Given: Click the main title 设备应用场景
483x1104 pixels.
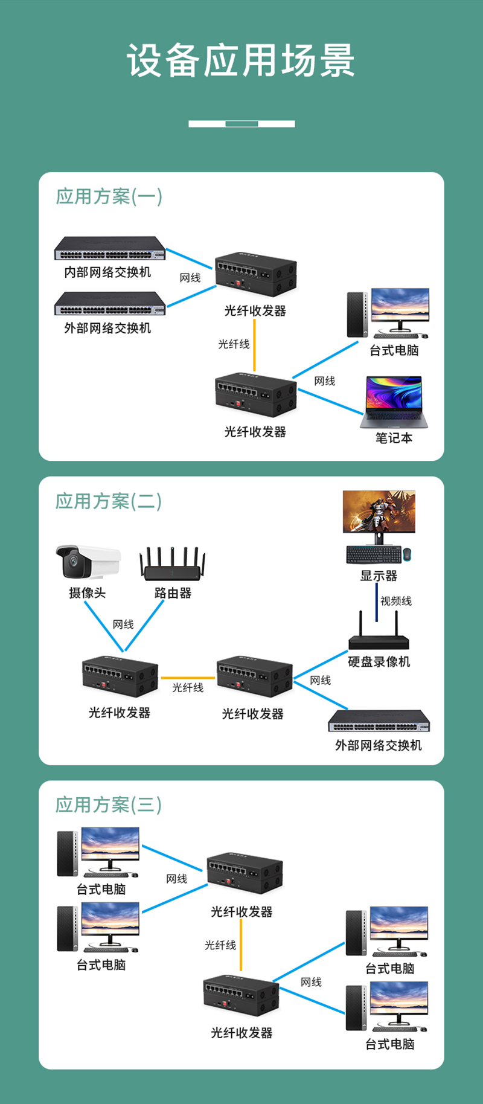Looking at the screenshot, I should click(240, 60).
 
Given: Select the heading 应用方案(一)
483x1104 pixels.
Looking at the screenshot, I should click(109, 196).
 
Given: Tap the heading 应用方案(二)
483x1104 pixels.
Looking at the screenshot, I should click(109, 501).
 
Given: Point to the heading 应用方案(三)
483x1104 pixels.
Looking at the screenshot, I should click(109, 805).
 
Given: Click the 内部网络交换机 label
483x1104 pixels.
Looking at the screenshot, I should click(107, 272).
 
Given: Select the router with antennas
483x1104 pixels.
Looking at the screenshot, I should click(173, 565).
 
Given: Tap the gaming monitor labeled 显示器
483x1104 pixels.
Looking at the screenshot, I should click(379, 512).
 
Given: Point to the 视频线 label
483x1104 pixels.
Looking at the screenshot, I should click(396, 601).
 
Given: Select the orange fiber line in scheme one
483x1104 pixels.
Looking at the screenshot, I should click(254, 345).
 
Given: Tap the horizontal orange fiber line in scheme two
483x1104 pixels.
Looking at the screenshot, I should click(188, 678).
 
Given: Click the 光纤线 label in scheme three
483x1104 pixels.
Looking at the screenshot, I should click(220, 945).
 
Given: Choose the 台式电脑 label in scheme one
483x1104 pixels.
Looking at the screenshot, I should click(394, 350).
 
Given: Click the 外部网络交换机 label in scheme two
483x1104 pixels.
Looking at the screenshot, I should click(379, 745).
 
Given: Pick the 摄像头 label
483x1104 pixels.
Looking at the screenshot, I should click(87, 593).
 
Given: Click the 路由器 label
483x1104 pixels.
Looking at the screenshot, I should click(173, 593).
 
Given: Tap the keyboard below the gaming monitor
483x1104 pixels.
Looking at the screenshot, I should click(374, 554).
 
